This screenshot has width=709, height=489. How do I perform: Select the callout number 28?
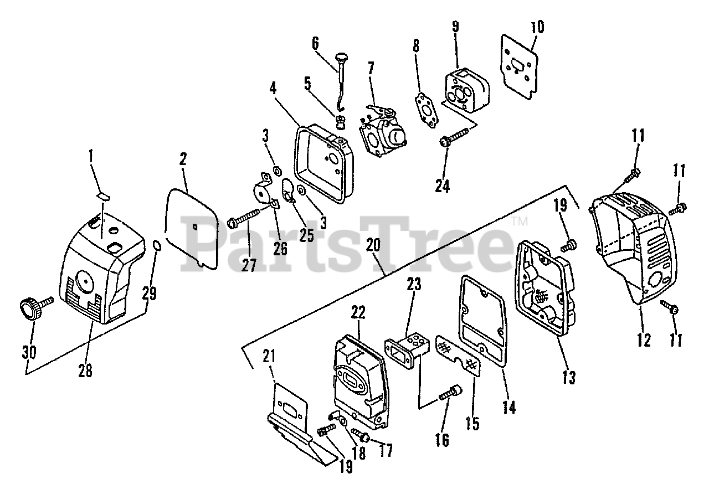point(85,370)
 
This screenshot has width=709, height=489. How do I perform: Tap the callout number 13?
point(569,377)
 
